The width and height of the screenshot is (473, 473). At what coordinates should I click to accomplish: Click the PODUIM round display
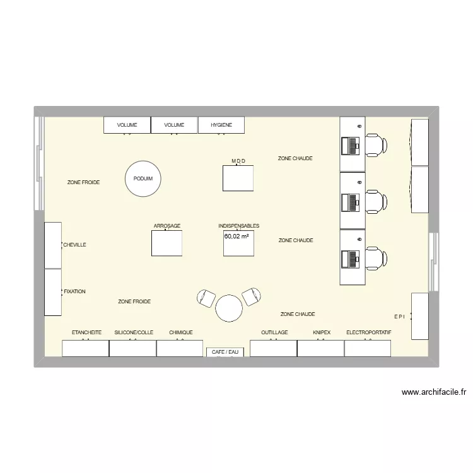click(143, 179)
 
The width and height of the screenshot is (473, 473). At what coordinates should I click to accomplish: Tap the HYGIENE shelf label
click(221, 126)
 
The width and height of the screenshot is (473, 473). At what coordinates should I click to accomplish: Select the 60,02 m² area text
click(237, 237)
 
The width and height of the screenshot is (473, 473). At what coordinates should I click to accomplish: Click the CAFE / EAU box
click(225, 352)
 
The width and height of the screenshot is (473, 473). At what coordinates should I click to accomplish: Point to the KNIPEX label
click(322, 332)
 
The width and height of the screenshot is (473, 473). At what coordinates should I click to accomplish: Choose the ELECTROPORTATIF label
click(369, 332)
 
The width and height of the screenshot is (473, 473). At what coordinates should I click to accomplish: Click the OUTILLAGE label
click(274, 332)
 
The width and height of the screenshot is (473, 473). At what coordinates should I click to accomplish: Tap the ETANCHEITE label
click(86, 332)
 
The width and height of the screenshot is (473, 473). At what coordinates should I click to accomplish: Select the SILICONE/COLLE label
click(134, 332)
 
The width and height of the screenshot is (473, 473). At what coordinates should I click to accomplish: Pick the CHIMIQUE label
click(181, 332)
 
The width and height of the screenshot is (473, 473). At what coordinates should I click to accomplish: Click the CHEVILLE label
click(74, 245)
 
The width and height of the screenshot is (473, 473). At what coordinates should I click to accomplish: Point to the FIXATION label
click(74, 292)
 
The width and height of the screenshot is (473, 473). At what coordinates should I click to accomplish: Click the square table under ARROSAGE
click(167, 243)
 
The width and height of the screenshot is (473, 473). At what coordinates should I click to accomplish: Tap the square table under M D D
click(238, 178)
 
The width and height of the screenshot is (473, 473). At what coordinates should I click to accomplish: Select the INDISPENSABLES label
click(238, 226)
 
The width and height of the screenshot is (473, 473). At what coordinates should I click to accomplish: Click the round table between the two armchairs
click(229, 309)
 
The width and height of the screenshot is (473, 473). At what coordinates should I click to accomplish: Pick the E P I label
click(400, 317)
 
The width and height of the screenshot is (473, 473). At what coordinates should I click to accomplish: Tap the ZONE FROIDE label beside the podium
click(83, 182)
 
